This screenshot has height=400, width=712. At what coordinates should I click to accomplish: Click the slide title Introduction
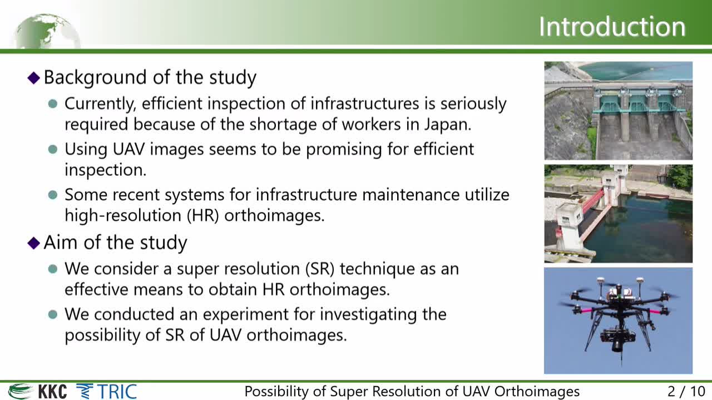click(x=612, y=27)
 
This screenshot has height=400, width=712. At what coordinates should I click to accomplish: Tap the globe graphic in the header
click(x=46, y=31)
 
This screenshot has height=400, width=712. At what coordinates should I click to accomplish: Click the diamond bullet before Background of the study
click(x=34, y=78)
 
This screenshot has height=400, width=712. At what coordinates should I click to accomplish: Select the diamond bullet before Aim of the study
click(x=34, y=243)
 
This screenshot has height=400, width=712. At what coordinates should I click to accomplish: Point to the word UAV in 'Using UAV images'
click(x=128, y=149)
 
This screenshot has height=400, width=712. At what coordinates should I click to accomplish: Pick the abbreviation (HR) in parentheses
click(x=203, y=216)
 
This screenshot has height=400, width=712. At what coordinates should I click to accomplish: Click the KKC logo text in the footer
click(x=53, y=392)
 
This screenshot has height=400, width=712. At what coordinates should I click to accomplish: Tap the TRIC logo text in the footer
click(x=117, y=392)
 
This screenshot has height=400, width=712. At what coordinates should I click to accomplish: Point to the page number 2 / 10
click(x=686, y=392)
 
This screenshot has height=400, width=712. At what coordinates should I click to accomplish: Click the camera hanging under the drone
click(x=617, y=340)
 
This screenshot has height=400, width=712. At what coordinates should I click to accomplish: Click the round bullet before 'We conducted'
click(x=53, y=315)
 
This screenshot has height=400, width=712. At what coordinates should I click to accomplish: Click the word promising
click(x=344, y=150)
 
